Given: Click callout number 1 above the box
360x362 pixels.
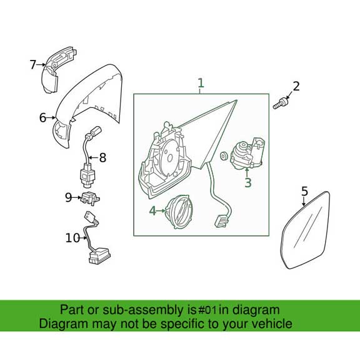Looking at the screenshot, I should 201,83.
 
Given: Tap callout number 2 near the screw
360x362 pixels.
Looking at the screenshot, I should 296,86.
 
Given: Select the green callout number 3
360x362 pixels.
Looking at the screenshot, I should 248,183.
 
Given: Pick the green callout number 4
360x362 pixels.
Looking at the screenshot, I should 152,211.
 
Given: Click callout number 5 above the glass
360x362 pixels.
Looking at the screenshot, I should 304,191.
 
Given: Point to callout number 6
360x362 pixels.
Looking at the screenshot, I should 42,117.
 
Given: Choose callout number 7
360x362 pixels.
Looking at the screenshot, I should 33,64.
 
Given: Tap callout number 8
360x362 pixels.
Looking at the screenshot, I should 102,158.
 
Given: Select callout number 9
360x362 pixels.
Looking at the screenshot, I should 69,197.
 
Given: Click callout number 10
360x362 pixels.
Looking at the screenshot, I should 72,237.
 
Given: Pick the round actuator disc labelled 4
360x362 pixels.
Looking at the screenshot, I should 180,212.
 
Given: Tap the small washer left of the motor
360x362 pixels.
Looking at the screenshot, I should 224,155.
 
